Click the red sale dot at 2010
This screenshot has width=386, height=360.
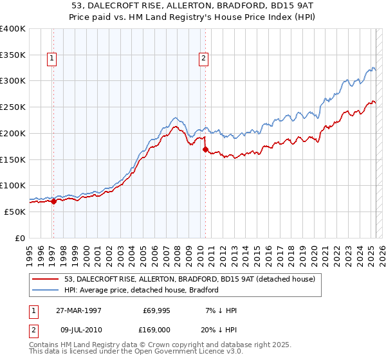click(x=205, y=149)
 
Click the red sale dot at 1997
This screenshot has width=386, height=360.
click(x=54, y=201)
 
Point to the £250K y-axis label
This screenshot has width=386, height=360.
click(x=13, y=107)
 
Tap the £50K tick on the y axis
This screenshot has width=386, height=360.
click(x=15, y=212)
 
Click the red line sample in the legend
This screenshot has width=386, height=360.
click(x=46, y=280)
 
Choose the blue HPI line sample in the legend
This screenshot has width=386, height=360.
click(x=46, y=290)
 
